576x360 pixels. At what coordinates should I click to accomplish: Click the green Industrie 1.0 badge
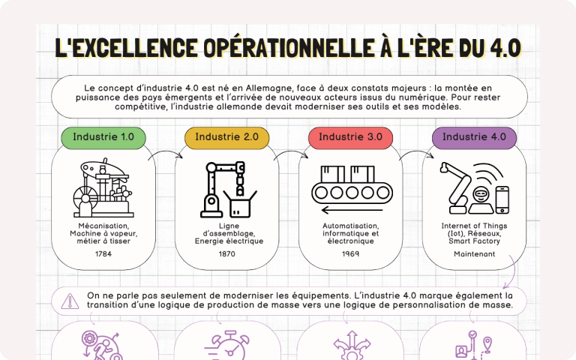pyautogui.click(x=103, y=138)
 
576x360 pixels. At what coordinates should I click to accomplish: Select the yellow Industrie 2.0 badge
pyautogui.click(x=226, y=138)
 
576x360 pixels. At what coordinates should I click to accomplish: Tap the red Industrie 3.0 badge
pyautogui.click(x=350, y=138)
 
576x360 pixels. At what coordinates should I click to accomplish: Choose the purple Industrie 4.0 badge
pyautogui.click(x=474, y=138)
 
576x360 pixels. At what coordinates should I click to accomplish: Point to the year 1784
pyautogui.click(x=103, y=253)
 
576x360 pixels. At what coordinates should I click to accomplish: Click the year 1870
pyautogui.click(x=226, y=253)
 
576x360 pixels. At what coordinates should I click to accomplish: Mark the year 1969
pyautogui.click(x=350, y=253)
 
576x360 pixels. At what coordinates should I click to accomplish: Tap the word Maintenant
pyautogui.click(x=474, y=253)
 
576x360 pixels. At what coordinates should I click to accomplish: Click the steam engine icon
pyautogui.click(x=103, y=187)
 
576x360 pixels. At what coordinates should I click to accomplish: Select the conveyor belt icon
pyautogui.click(x=352, y=189)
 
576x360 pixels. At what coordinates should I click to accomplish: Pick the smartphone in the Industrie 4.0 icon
pyautogui.click(x=502, y=199)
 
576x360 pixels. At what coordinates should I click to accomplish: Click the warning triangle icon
pyautogui.click(x=70, y=301)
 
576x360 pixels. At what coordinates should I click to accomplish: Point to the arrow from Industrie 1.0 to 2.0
pyautogui.click(x=166, y=151)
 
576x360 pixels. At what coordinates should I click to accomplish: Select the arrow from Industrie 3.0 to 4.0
pyautogui.click(x=417, y=151)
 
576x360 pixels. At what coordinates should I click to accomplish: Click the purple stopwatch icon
pyautogui.click(x=227, y=345)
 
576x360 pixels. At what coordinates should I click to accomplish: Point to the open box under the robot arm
pyautogui.click(x=240, y=204)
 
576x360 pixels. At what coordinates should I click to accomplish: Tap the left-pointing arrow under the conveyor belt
pyautogui.click(x=352, y=211)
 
